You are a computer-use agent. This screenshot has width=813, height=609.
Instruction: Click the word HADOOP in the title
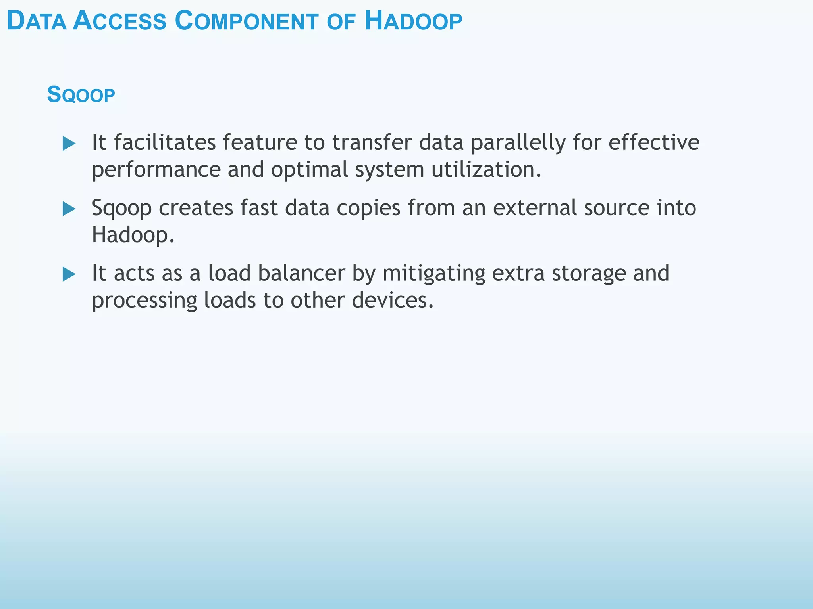(413, 21)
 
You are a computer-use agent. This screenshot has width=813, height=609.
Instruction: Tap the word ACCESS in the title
(119, 21)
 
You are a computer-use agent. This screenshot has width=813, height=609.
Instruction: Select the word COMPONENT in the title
(246, 21)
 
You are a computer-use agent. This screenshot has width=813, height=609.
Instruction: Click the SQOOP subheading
(81, 95)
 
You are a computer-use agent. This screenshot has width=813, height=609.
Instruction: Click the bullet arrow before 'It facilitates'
(69, 144)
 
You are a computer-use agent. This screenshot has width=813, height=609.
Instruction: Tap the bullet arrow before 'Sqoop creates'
(69, 209)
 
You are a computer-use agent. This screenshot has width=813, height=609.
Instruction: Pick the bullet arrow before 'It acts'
(69, 274)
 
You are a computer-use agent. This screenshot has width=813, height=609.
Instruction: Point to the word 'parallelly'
(518, 143)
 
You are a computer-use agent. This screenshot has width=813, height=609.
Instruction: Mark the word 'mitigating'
(433, 274)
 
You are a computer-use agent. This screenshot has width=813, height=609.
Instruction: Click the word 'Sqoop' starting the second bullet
(121, 209)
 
